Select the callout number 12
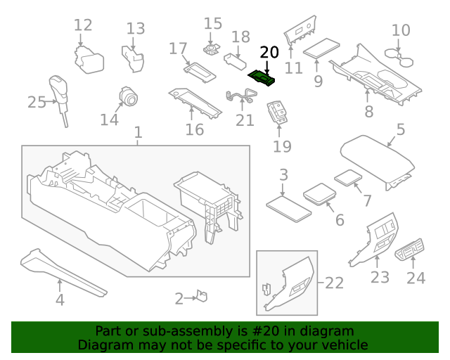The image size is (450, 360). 83,26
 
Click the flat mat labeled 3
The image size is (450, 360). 288,207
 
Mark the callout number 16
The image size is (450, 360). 194,129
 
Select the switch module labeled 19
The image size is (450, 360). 279,112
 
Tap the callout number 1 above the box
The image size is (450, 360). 138,132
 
